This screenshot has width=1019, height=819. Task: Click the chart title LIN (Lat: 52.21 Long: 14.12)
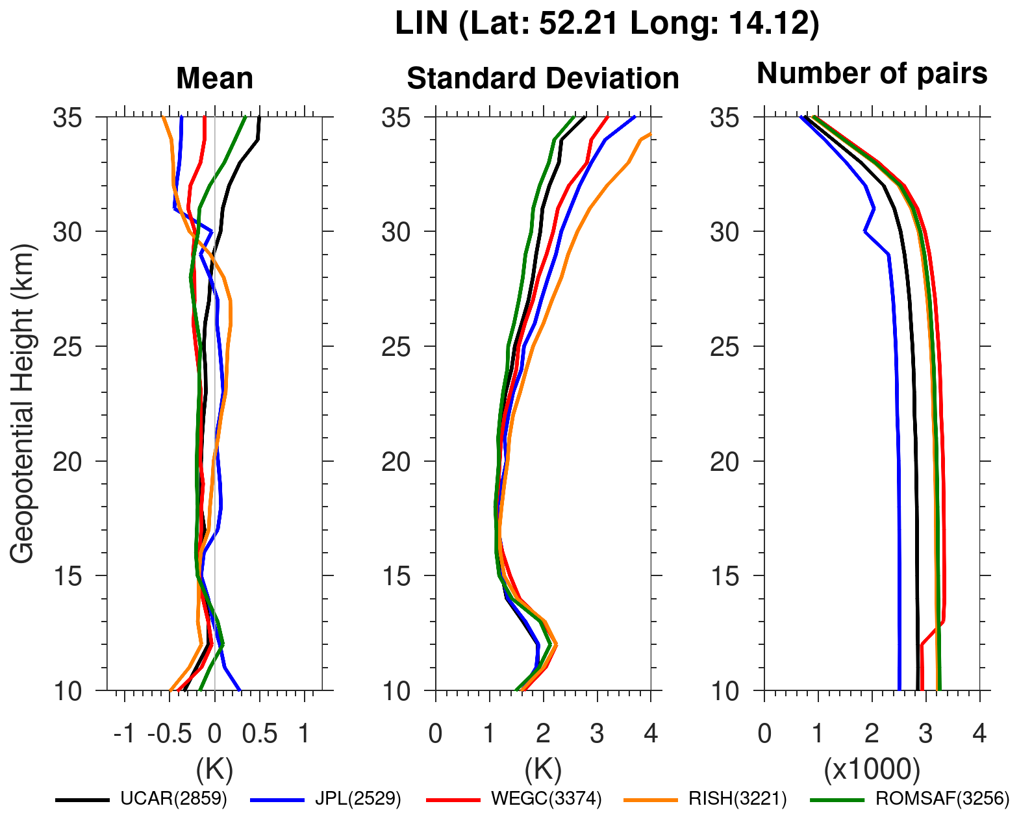[x=607, y=24]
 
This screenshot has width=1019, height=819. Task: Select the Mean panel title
[x=214, y=79]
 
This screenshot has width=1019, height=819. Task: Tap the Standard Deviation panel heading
[x=543, y=79]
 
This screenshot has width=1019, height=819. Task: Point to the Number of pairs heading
[x=872, y=73]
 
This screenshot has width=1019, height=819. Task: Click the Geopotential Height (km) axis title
[x=22, y=403]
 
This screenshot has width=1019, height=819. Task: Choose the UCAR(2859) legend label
[x=173, y=799]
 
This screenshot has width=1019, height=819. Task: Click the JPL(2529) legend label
[x=358, y=799]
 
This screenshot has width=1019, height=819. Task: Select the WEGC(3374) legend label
[x=546, y=799]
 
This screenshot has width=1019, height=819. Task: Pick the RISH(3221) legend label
[x=738, y=799]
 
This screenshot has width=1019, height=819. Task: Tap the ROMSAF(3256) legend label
[x=942, y=799]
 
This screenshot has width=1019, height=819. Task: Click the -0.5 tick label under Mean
[x=170, y=735]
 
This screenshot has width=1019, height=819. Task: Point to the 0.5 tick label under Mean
[x=260, y=735]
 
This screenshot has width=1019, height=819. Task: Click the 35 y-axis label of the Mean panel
[x=68, y=118]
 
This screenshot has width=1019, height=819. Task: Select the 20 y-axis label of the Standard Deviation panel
[x=396, y=462]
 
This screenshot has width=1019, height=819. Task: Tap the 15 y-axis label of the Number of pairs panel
[x=725, y=576]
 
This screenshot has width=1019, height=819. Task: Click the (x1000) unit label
[x=872, y=770]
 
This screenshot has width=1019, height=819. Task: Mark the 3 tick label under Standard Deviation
[x=597, y=735]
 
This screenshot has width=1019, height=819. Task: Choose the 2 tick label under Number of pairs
[x=872, y=735]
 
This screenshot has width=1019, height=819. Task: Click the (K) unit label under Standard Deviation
[x=543, y=770]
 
